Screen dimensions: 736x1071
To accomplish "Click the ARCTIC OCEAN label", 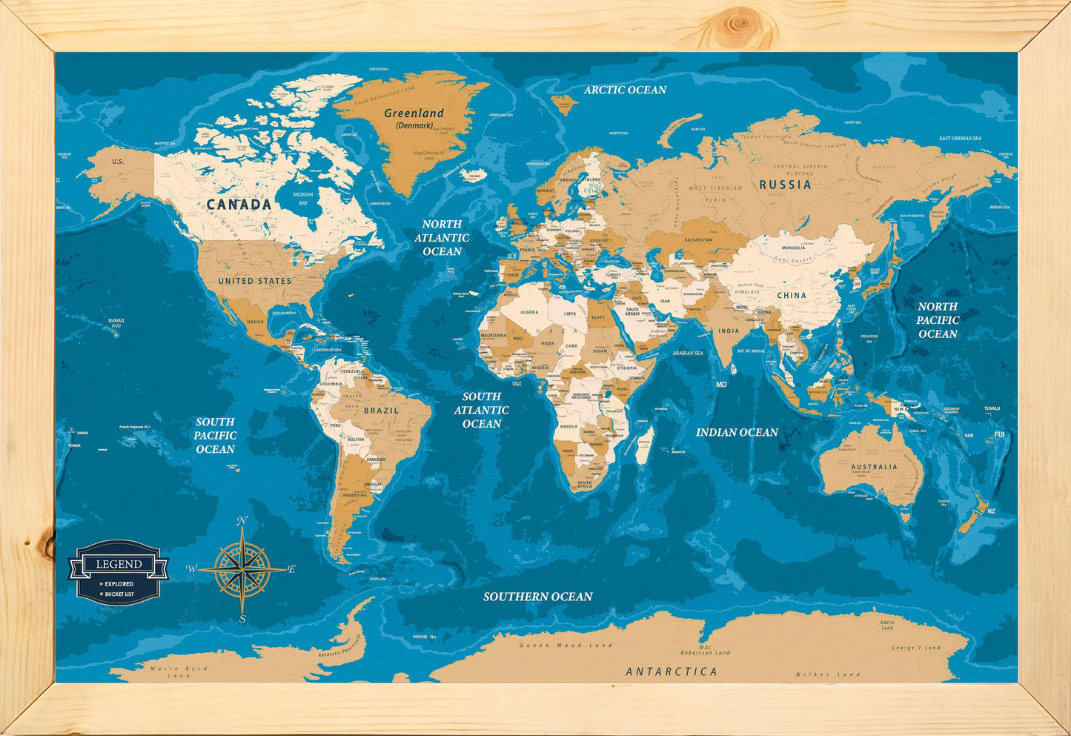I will [625, 90].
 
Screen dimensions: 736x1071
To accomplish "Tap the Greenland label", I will [414, 113].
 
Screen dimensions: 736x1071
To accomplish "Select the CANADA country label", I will [239, 204].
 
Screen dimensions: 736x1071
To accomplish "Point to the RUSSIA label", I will [785, 185].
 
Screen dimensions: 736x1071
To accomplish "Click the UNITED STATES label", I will [254, 281].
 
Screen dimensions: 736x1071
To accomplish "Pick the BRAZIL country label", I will [381, 410].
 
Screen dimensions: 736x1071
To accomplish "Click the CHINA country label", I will [791, 295].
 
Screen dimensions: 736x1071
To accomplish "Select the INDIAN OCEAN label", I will [737, 432].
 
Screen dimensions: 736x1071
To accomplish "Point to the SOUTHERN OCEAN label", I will [537, 597].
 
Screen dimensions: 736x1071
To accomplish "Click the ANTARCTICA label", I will [672, 672].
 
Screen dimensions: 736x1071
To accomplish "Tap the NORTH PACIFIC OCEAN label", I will [938, 320].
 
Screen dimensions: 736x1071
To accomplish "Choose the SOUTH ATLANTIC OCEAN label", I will [481, 410].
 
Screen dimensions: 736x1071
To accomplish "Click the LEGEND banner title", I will [119, 564].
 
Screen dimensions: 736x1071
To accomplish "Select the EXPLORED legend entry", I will [119, 584].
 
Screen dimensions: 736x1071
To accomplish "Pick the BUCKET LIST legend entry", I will [119, 594].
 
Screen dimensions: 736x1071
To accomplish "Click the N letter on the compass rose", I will [242, 522].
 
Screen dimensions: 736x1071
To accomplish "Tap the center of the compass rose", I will [242, 570].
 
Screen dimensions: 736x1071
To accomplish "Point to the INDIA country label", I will [729, 331].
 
